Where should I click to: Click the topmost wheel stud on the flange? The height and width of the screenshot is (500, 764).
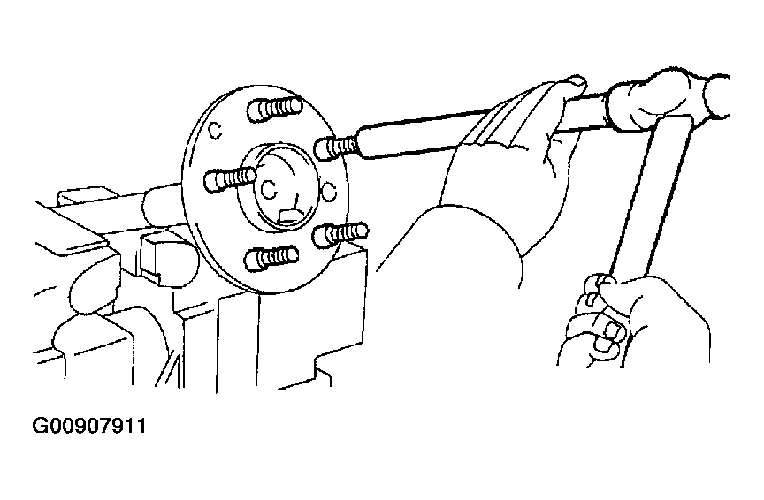[274, 109]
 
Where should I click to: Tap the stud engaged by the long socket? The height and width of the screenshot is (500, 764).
[336, 147]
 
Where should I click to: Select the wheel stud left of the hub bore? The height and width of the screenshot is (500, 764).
[230, 178]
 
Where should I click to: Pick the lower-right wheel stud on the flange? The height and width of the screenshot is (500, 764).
[340, 234]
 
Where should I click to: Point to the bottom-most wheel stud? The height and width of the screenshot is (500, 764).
[271, 258]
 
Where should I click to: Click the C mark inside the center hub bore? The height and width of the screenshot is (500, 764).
[269, 190]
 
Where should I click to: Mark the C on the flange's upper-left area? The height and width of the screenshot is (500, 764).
[214, 130]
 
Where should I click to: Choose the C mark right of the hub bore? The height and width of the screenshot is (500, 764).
[329, 192]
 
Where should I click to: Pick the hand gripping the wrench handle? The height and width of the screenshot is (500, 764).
[633, 322]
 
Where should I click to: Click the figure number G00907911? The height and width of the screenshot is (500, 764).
[89, 426]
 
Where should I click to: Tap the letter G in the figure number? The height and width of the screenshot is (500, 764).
[40, 426]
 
